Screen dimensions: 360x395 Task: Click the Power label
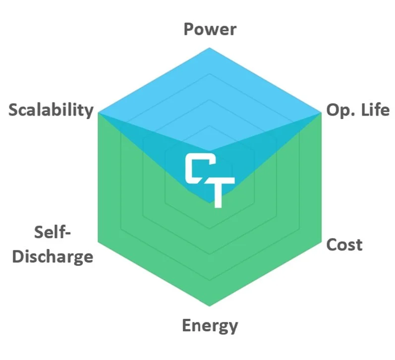210,29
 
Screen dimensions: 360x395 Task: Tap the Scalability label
51,110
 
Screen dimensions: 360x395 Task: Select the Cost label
344,245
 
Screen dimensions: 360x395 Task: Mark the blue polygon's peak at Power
210,48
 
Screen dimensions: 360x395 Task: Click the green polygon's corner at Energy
210,308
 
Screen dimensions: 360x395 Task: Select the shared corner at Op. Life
321,113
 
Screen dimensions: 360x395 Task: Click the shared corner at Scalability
99,113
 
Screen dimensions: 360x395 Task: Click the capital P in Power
189,29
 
